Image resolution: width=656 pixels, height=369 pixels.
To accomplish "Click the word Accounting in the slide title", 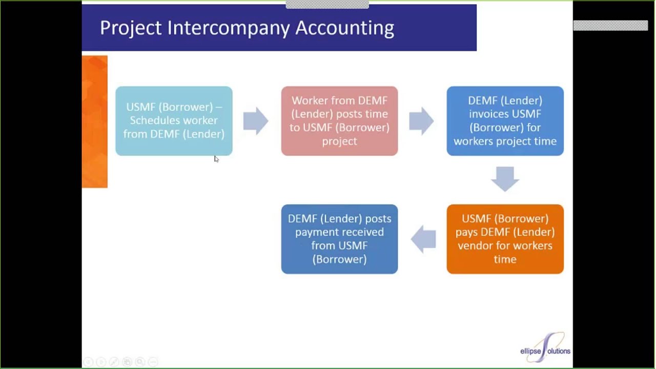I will click(x=344, y=28).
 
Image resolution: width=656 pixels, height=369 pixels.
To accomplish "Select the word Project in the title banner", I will click(x=130, y=28).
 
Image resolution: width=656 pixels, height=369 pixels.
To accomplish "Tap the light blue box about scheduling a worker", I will click(x=174, y=121).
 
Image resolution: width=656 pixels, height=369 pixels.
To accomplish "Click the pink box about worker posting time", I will click(x=339, y=121).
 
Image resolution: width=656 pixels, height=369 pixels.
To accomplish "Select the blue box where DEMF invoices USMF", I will click(x=505, y=121).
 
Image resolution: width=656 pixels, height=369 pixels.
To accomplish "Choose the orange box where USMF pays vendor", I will click(x=505, y=239).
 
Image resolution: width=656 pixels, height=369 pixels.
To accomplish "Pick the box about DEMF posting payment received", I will click(x=339, y=239).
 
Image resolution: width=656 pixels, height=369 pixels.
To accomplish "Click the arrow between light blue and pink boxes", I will click(x=256, y=121).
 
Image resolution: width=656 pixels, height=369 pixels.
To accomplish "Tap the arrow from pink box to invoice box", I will click(x=422, y=121).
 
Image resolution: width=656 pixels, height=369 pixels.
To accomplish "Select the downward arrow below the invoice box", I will click(x=505, y=179).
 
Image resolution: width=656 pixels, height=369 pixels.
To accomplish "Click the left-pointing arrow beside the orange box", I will click(x=423, y=239).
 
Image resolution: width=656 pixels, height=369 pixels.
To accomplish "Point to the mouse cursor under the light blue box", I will click(x=216, y=159).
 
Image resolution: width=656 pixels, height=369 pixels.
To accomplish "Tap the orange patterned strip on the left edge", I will click(x=95, y=121).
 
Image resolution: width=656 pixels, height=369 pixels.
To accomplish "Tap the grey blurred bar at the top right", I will click(x=610, y=26).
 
